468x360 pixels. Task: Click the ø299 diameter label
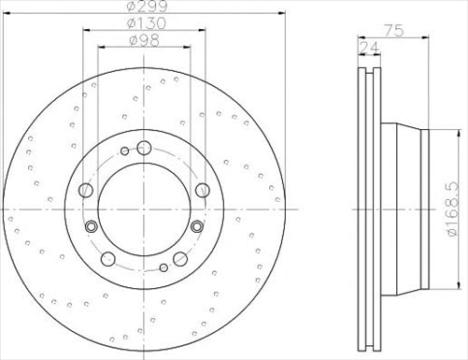tap(148, 6)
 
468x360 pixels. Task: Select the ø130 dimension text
tap(148, 23)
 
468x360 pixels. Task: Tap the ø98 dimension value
tap(145, 40)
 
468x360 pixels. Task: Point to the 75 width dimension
tap(394, 31)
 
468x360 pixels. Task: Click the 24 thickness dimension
tap(370, 48)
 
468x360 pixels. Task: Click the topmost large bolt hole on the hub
tap(144, 148)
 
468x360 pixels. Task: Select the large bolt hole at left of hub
tap(86, 190)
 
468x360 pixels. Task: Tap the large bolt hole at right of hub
tap(203, 190)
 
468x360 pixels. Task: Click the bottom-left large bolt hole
tap(108, 259)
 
